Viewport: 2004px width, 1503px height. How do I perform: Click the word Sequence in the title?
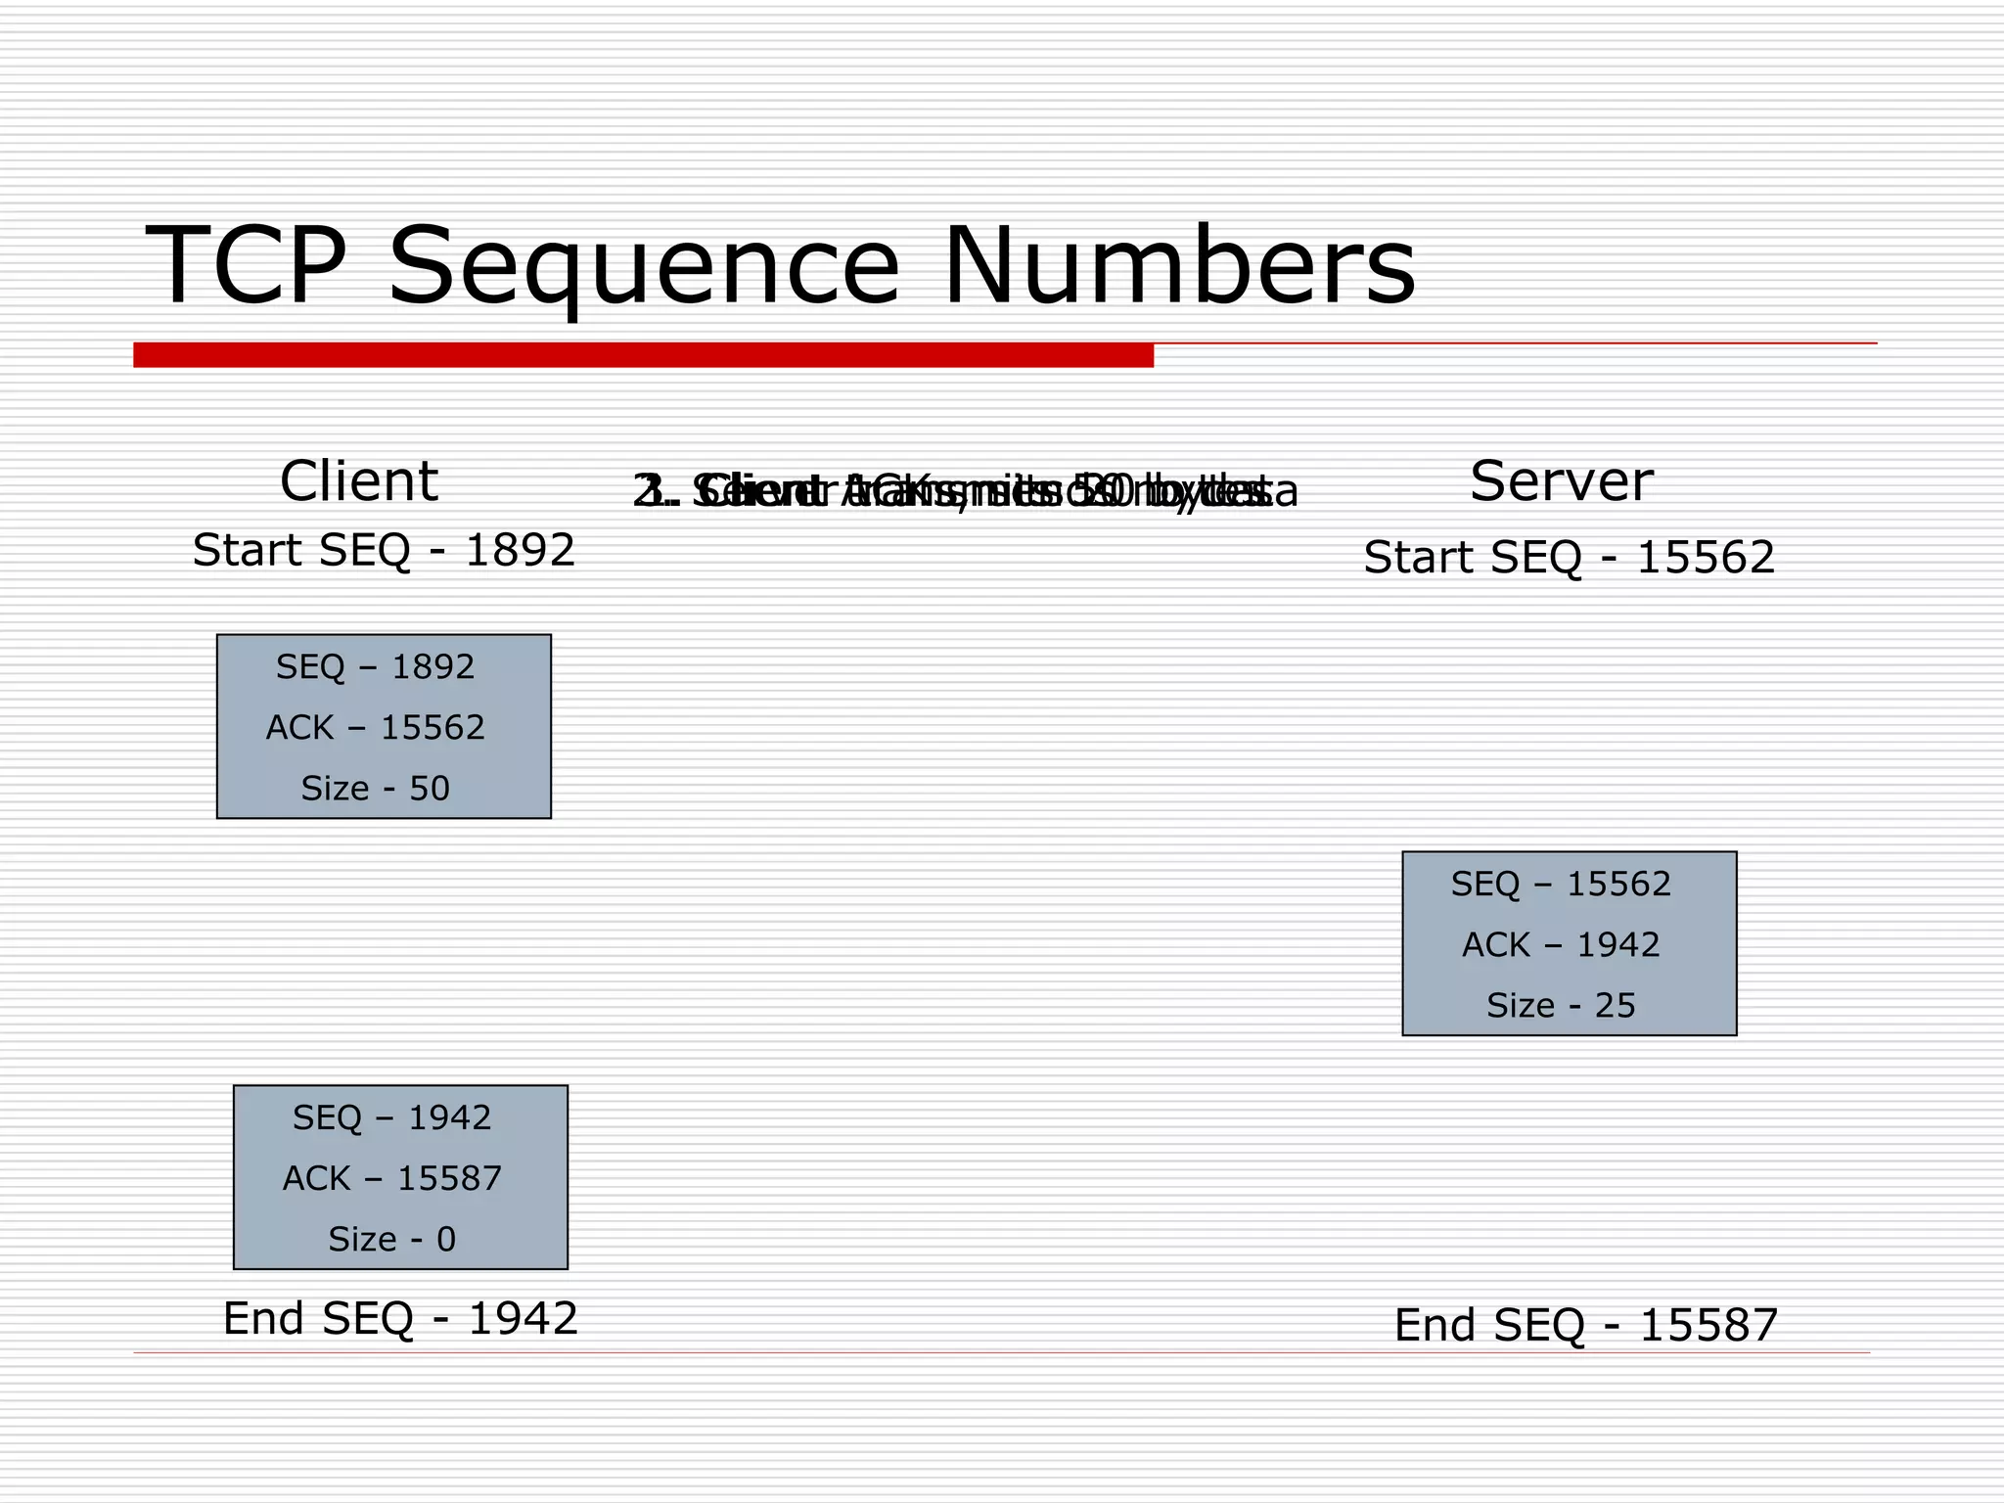click(643, 266)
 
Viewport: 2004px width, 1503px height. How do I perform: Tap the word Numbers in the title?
click(1178, 266)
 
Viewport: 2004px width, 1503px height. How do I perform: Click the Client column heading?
click(359, 481)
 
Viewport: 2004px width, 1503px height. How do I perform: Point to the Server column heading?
click(1561, 481)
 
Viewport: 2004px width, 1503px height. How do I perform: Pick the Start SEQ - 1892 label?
click(384, 550)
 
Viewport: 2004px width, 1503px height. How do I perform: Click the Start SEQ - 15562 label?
click(1569, 558)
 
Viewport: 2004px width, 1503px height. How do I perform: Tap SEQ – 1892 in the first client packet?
click(376, 667)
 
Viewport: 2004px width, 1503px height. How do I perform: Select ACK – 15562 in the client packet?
click(376, 728)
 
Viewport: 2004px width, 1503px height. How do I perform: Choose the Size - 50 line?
click(376, 789)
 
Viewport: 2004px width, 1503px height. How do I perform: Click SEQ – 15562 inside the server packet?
click(1561, 885)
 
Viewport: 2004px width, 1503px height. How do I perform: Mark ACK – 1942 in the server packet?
click(1561, 945)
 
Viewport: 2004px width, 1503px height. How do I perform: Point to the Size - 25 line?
click(1561, 1006)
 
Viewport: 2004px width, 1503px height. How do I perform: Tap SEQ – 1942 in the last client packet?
click(392, 1117)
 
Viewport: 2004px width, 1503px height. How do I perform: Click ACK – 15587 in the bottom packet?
click(392, 1178)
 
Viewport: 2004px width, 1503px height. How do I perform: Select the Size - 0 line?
click(392, 1240)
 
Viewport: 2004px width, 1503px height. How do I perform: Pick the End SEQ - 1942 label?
click(400, 1319)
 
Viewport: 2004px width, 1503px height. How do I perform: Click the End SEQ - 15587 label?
click(1585, 1326)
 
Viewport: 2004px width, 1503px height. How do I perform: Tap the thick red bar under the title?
click(643, 355)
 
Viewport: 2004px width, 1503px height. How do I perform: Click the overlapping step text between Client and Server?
click(965, 491)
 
